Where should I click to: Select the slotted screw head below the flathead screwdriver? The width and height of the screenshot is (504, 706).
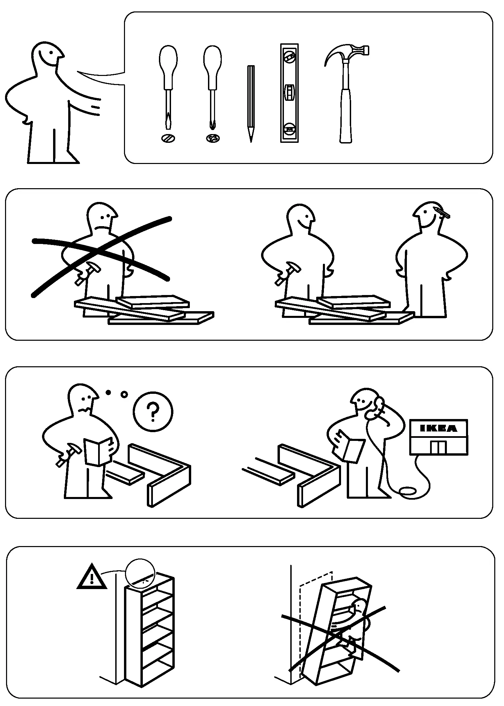(x=168, y=138)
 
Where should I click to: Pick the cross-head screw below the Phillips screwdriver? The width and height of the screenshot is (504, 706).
(x=212, y=138)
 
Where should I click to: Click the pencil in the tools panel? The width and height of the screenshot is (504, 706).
(x=251, y=101)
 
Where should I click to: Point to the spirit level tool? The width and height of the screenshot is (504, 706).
(x=289, y=93)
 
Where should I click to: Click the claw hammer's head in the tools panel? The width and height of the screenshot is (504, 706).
(x=349, y=52)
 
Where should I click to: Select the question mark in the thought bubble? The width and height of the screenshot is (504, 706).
(x=153, y=412)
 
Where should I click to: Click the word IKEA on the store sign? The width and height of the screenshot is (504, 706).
(x=438, y=428)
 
